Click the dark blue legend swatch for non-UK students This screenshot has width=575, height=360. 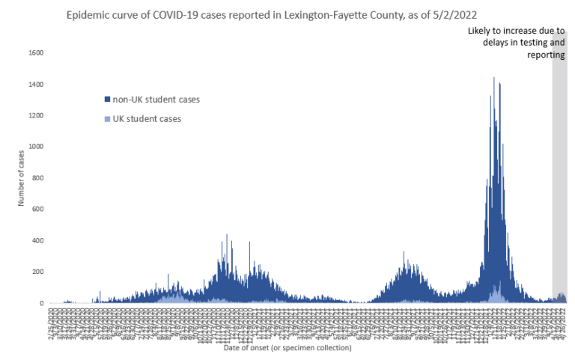(x=106, y=100)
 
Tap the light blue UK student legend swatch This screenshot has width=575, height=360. (x=106, y=119)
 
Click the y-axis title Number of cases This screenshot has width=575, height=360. (x=21, y=177)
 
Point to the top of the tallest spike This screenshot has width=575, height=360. (x=493, y=78)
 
